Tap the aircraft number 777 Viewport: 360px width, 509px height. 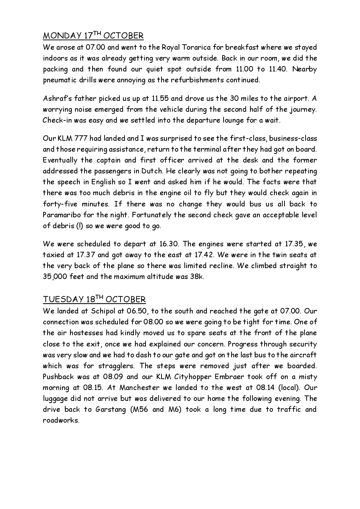pos(83,138)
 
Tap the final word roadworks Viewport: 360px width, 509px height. pos(61,420)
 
